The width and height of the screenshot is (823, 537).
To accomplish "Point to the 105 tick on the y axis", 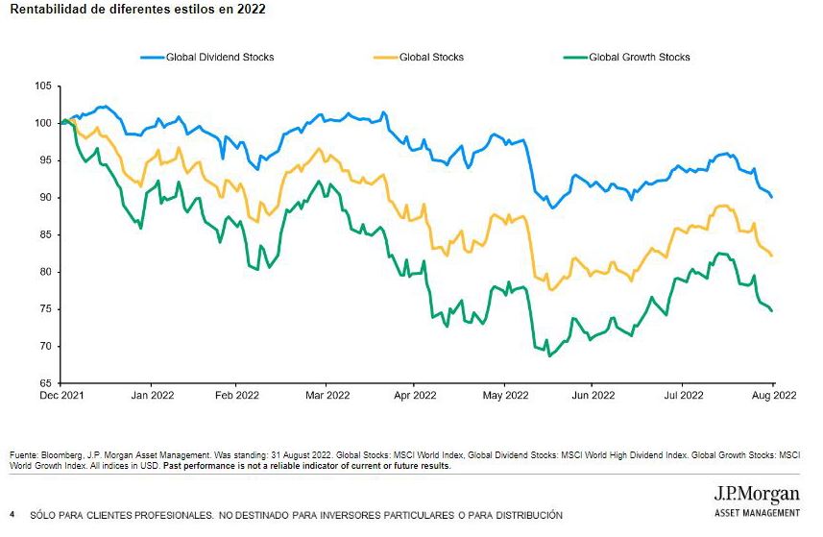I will [x=42, y=85].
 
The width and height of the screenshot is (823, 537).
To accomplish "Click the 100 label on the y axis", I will [x=42, y=123].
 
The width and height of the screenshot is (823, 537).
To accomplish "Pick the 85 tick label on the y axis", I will [x=44, y=234].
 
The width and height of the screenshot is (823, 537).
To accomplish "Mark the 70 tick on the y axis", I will [x=44, y=346].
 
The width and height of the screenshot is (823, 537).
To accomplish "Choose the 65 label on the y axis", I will [x=44, y=383].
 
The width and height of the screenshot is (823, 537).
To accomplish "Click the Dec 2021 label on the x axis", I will [x=61, y=395].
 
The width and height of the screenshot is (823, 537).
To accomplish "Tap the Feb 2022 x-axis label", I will [x=236, y=395].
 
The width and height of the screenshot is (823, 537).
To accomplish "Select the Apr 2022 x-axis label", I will [x=415, y=395].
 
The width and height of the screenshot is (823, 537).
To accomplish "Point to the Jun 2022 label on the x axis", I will [x=593, y=395].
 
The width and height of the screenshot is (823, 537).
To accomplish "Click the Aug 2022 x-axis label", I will [x=773, y=395].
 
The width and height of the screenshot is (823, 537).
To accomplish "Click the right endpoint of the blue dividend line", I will [x=772, y=197].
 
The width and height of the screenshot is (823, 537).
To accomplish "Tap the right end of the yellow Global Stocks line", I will [x=772, y=255].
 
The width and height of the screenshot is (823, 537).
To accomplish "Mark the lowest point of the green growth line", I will [x=549, y=356].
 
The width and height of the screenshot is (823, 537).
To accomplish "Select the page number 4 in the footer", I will [x=12, y=515].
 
